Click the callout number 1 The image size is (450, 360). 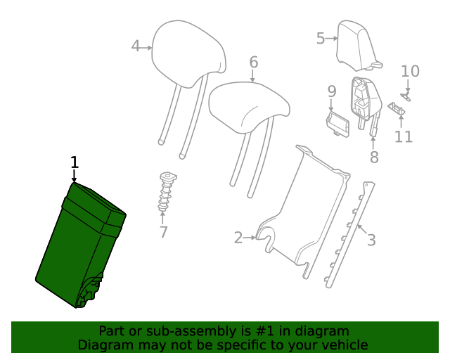(x=74, y=162)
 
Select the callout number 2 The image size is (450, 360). (x=238, y=238)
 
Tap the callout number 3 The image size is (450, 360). (x=371, y=240)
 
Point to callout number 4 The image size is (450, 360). (x=136, y=47)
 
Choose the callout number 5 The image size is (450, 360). (x=321, y=38)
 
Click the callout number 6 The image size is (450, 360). (x=253, y=63)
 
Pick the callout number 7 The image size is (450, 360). (x=163, y=231)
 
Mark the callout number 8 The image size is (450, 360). (x=374, y=157)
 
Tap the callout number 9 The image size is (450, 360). (x=331, y=91)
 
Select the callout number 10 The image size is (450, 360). (x=410, y=71)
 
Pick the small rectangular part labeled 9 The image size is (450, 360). (x=338, y=121)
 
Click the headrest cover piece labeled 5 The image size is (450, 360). (x=355, y=42)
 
